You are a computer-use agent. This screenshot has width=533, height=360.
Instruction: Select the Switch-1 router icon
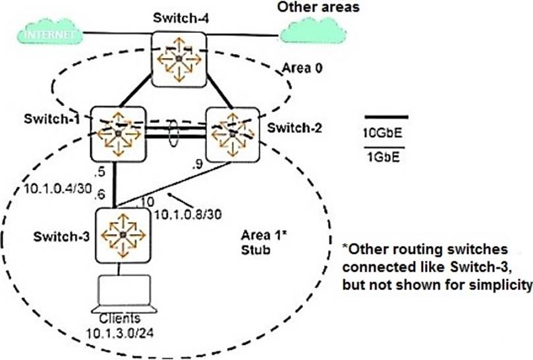(117, 134)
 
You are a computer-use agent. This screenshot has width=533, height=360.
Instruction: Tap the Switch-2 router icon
(233, 134)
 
